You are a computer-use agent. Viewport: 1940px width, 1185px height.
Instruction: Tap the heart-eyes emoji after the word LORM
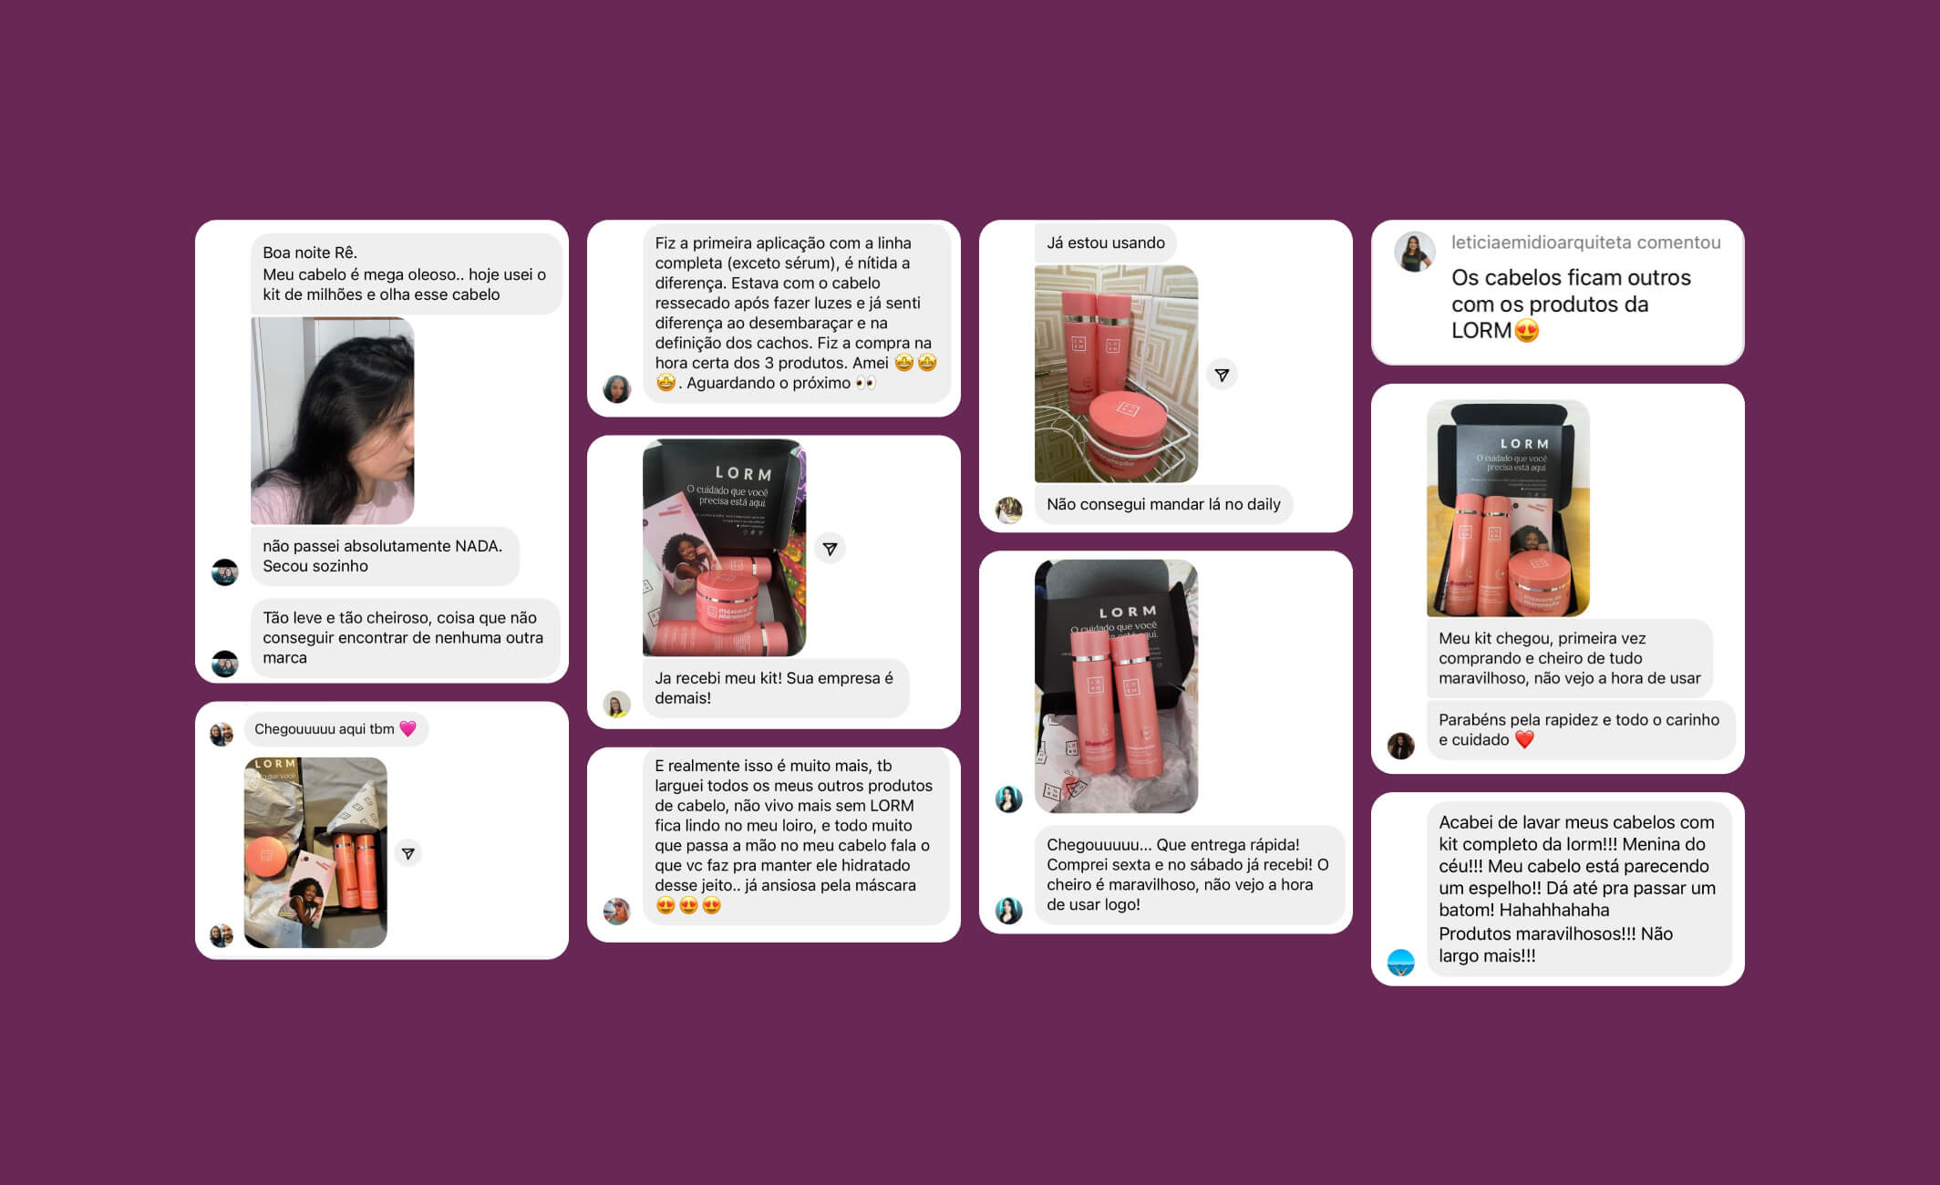click(x=1527, y=331)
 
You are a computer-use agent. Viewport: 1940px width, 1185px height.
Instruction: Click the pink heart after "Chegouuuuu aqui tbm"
click(x=408, y=729)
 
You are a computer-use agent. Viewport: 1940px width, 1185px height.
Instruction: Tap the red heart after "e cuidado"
click(x=1524, y=740)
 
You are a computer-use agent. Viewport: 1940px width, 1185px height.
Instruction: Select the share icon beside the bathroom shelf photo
click(x=1222, y=375)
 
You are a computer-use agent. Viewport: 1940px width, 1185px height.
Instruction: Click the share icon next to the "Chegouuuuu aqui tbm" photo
click(x=408, y=854)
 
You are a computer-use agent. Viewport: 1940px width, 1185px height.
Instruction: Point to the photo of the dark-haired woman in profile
click(x=332, y=420)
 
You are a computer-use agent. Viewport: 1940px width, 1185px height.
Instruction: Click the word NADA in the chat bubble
click(x=479, y=546)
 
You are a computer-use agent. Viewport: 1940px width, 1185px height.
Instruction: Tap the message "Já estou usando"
click(x=1106, y=242)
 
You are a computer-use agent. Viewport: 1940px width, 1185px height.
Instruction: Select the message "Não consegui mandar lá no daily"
click(x=1163, y=504)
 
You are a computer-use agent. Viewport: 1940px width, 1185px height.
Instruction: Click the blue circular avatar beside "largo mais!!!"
click(x=1400, y=963)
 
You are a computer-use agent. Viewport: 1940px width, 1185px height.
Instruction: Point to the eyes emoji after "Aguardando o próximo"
click(x=865, y=383)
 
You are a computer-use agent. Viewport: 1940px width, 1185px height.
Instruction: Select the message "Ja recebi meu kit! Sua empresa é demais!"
click(x=775, y=688)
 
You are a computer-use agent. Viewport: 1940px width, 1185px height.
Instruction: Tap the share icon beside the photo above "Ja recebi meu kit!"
click(x=830, y=549)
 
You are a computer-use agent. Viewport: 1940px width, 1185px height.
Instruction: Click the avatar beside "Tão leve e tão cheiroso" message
click(x=225, y=664)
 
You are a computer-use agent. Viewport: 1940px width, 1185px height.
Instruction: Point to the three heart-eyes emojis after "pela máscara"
click(x=688, y=905)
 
